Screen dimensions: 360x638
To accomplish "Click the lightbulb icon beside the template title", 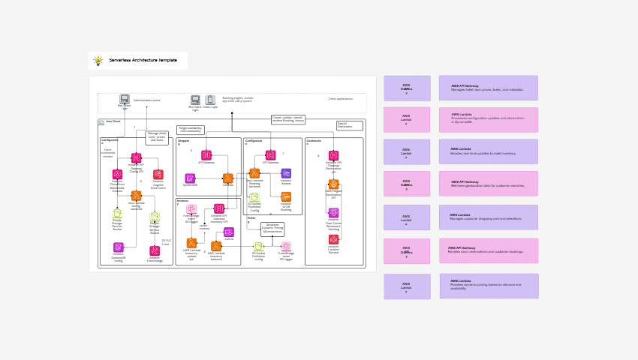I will point(98,61).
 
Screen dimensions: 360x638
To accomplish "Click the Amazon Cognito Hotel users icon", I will point(158,175).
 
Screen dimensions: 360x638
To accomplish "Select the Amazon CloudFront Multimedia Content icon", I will point(117,175).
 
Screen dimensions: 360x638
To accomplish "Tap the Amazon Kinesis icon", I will point(286,173).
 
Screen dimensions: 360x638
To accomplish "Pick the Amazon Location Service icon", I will point(333,239).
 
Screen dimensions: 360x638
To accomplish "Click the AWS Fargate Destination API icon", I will point(333,184).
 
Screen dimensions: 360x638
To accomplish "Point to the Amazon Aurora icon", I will point(229,232).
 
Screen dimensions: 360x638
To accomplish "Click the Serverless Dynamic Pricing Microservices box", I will point(272,229).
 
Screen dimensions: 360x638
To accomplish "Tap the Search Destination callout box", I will point(349,125).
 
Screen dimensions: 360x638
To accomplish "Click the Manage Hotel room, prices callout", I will point(157,137).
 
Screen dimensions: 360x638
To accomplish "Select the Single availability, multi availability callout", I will point(191,130).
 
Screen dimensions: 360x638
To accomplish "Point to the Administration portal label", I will point(146,100).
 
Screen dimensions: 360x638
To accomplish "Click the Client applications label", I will point(340,99).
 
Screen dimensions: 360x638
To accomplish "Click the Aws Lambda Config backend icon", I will point(136,196).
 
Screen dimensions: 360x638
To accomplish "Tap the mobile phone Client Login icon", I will point(210,100).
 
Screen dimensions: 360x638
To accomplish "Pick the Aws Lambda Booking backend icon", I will point(254,173).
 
